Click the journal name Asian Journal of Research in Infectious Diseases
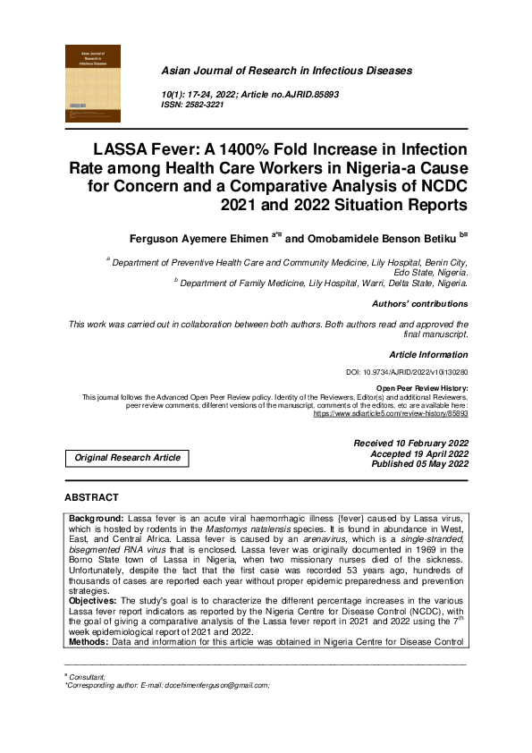click(286, 70)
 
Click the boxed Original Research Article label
click(127, 458)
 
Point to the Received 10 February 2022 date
click(410, 443)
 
